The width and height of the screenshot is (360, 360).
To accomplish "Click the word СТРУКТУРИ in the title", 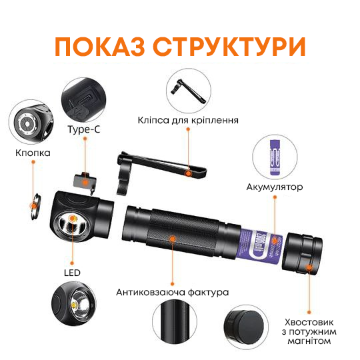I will pyautogui.click(x=228, y=47).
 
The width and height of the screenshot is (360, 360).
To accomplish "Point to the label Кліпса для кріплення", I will pyautogui.click(x=188, y=121).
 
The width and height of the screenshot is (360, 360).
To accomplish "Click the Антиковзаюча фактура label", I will pyautogui.click(x=173, y=292).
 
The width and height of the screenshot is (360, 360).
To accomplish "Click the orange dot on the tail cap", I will pyautogui.click(x=310, y=269).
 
